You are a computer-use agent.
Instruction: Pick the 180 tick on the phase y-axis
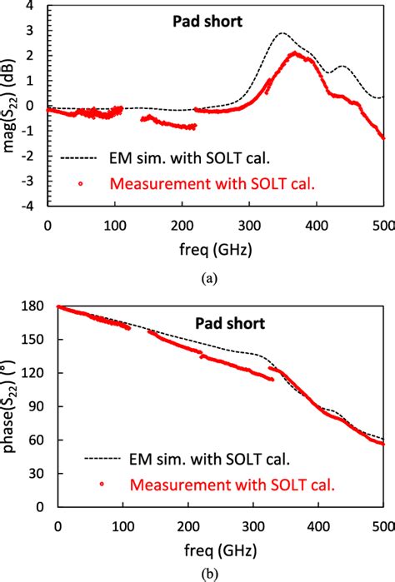click(37, 306)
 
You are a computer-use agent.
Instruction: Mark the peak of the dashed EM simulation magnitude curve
click(282, 33)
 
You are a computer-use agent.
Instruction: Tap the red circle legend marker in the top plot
click(80, 182)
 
